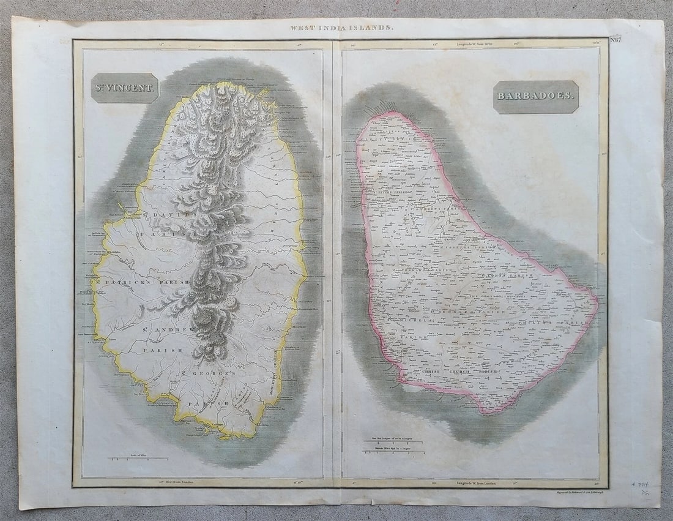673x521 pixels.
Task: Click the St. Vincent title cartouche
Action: click(x=125, y=88)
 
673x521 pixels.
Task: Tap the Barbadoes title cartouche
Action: click(x=536, y=97)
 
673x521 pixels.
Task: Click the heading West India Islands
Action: click(x=342, y=28)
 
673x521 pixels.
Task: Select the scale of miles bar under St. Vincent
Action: click(x=138, y=458)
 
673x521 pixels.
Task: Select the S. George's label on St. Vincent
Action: click(x=208, y=373)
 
